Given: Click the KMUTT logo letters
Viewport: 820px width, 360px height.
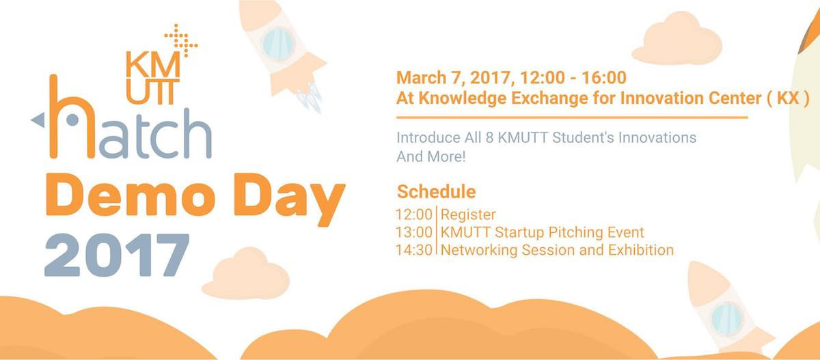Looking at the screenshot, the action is (x=153, y=78).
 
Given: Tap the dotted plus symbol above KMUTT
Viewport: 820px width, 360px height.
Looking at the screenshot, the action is (x=181, y=40).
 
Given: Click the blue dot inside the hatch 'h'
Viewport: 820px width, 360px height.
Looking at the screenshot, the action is (x=72, y=120).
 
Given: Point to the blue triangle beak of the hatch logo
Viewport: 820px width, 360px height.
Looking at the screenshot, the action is (x=38, y=120).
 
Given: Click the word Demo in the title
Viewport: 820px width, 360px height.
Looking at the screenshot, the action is (x=131, y=195).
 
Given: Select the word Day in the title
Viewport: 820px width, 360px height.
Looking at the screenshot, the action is (x=290, y=199).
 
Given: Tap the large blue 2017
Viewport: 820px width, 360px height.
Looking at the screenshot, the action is (x=117, y=255).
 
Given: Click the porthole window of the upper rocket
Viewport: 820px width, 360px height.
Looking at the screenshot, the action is (x=278, y=44).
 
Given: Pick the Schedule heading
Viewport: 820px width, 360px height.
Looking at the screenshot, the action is (x=437, y=192).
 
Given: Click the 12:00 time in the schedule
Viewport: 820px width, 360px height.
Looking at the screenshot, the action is (x=414, y=214).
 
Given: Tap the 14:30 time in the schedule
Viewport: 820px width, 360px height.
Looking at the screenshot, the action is (x=414, y=250).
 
